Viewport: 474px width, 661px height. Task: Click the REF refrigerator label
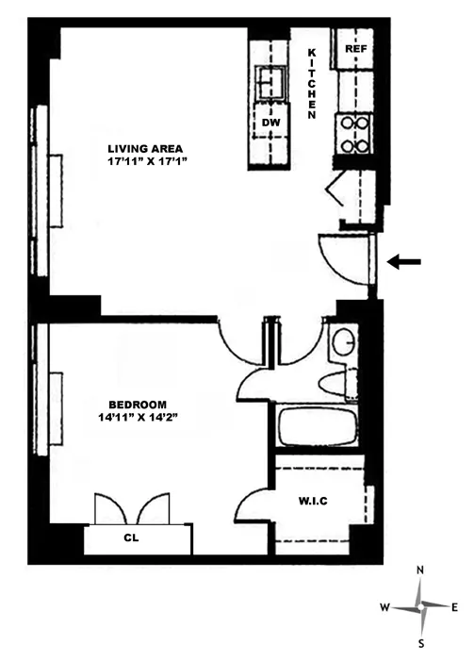point(355,48)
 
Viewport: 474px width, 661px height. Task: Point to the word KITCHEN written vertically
point(312,83)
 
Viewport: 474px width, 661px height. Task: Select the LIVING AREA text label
point(145,148)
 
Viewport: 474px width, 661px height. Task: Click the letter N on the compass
point(421,570)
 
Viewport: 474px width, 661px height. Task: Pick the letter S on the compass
point(421,643)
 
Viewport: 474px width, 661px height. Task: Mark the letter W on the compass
point(384,607)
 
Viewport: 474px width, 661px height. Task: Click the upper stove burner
point(353,122)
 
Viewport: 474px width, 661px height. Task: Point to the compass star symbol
point(421,607)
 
